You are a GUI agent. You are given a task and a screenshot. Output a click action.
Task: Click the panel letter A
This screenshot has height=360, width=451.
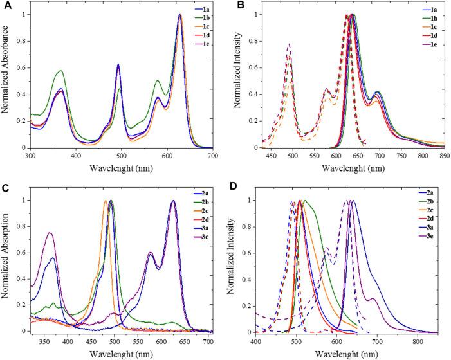[x=5, y=6]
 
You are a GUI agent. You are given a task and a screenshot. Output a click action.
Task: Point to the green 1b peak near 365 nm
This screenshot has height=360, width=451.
[x=60, y=71]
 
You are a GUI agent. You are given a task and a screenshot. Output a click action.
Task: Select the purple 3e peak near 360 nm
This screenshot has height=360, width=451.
[x=49, y=233]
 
